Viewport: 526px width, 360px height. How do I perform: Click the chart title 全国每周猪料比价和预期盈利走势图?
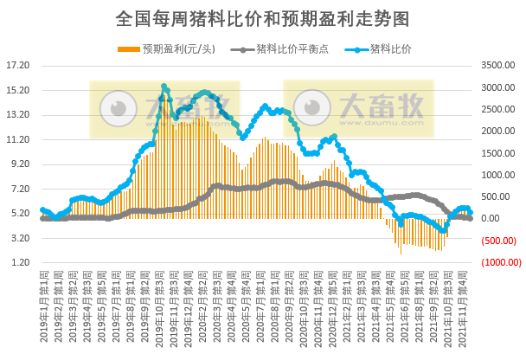tap(262, 18)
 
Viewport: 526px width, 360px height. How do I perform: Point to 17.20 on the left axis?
tap(17, 65)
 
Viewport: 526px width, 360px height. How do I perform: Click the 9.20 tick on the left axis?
tap(19, 164)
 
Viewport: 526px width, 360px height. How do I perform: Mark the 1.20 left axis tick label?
tap(19, 262)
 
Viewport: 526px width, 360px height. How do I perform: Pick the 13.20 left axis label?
tap(17, 114)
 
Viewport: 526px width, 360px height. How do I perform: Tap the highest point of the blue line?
tap(164, 87)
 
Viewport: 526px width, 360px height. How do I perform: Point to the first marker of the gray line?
tap(42, 218)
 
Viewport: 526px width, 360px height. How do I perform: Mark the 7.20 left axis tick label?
tap(19, 189)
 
